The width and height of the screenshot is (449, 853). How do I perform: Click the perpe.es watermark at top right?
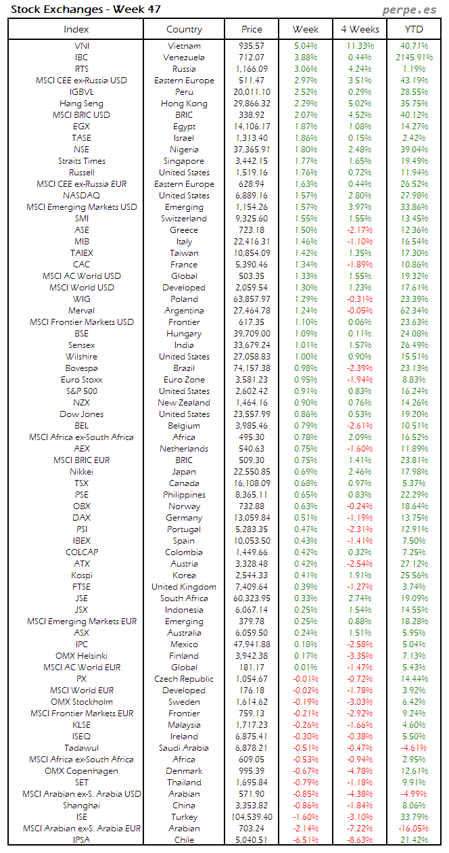click(x=410, y=9)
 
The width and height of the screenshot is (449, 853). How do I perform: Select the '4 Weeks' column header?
click(x=360, y=29)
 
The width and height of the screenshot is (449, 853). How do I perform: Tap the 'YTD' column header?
click(x=414, y=29)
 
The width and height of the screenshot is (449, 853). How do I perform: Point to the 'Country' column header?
click(x=184, y=29)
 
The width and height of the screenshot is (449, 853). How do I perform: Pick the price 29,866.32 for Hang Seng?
click(x=252, y=104)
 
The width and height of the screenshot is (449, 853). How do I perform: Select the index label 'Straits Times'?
click(x=81, y=161)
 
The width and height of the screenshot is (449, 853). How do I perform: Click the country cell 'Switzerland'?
click(x=184, y=219)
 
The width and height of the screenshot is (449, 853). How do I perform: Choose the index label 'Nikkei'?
click(x=81, y=472)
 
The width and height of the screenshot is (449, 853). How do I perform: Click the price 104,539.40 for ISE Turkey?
click(x=252, y=817)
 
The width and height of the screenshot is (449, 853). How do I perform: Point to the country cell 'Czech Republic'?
click(x=184, y=679)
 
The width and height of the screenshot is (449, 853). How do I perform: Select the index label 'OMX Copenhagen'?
click(x=81, y=771)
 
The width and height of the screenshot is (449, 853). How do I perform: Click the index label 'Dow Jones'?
click(x=81, y=414)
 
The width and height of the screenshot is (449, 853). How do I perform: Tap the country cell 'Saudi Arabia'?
click(x=184, y=748)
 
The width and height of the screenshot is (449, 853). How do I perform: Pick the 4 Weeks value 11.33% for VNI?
click(x=360, y=46)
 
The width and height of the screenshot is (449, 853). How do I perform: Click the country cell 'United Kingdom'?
click(x=184, y=587)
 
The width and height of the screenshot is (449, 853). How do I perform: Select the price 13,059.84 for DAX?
click(x=252, y=518)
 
